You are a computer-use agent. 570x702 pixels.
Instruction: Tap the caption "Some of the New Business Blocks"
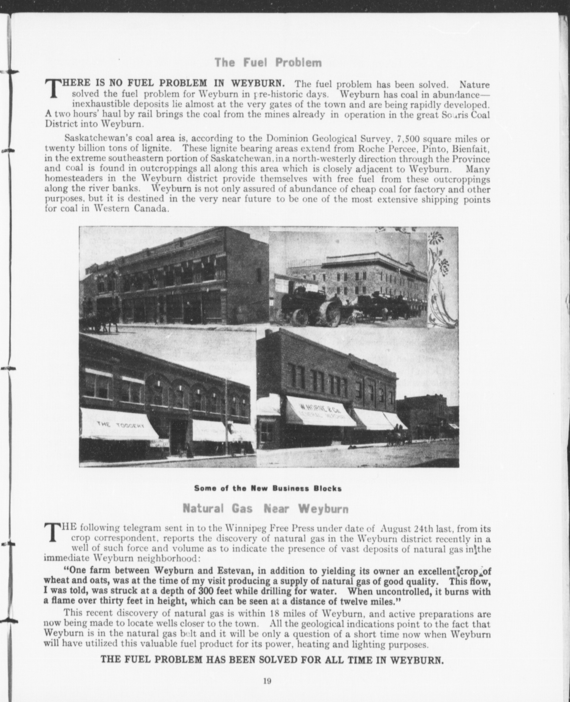pos(268,488)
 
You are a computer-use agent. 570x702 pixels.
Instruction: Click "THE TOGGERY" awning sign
pos(120,425)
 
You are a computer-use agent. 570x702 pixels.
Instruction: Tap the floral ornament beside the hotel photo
pos(442,278)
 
